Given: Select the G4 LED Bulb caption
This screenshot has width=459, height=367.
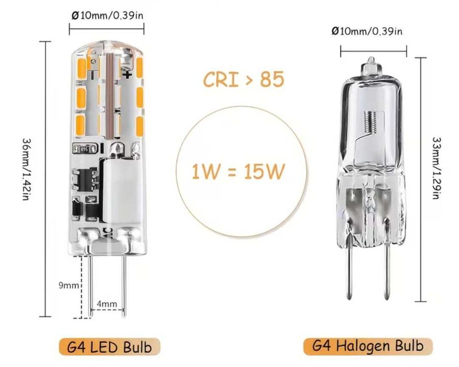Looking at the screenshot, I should pyautogui.click(x=110, y=347).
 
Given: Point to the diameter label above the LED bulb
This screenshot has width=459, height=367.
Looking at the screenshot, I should pyautogui.click(x=107, y=15).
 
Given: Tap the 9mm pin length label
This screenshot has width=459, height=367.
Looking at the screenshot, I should pyautogui.click(x=68, y=286).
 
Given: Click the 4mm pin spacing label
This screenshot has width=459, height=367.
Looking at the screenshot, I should pyautogui.click(x=106, y=304).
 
